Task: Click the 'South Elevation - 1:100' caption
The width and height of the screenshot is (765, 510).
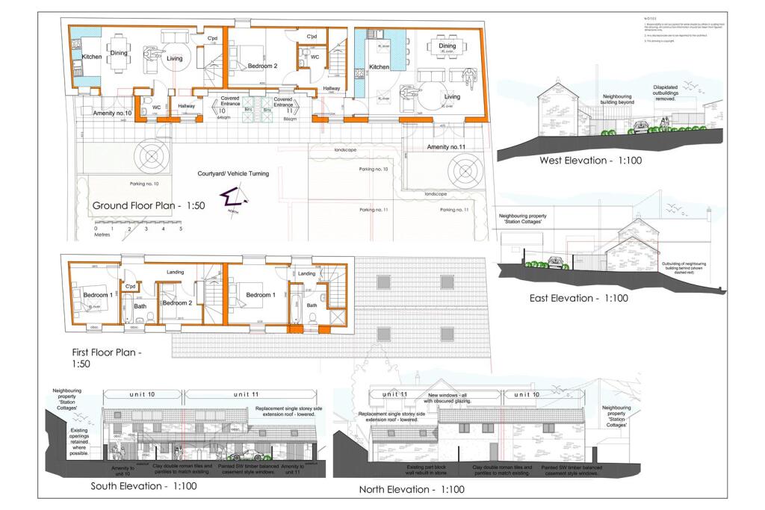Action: pyautogui.click(x=144, y=486)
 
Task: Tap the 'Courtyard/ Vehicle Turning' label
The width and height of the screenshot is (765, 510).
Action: pyautogui.click(x=233, y=173)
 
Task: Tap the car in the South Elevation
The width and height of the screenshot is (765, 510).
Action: pyautogui.click(x=244, y=454)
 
